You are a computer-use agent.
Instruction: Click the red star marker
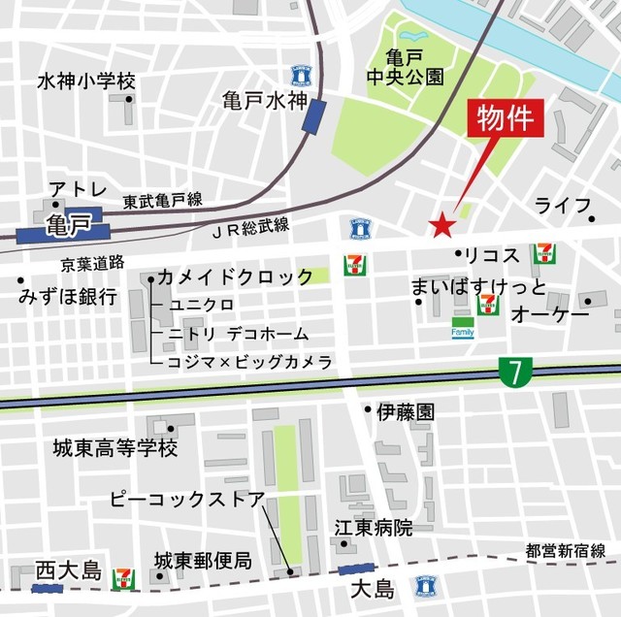click(442, 226)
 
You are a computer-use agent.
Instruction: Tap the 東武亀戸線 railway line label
click(162, 201)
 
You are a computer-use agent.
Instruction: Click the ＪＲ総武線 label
click(249, 226)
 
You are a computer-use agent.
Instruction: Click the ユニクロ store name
click(201, 305)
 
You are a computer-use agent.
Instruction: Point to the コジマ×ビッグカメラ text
click(250, 361)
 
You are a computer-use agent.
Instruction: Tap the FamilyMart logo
click(463, 331)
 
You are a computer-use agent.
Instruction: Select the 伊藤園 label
click(407, 411)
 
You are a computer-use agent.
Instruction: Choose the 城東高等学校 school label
click(115, 448)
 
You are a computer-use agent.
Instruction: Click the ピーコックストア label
click(186, 501)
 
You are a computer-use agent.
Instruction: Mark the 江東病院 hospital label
click(374, 529)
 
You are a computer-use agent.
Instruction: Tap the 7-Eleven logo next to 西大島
click(124, 578)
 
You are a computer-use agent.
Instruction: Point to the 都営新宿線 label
click(566, 550)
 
